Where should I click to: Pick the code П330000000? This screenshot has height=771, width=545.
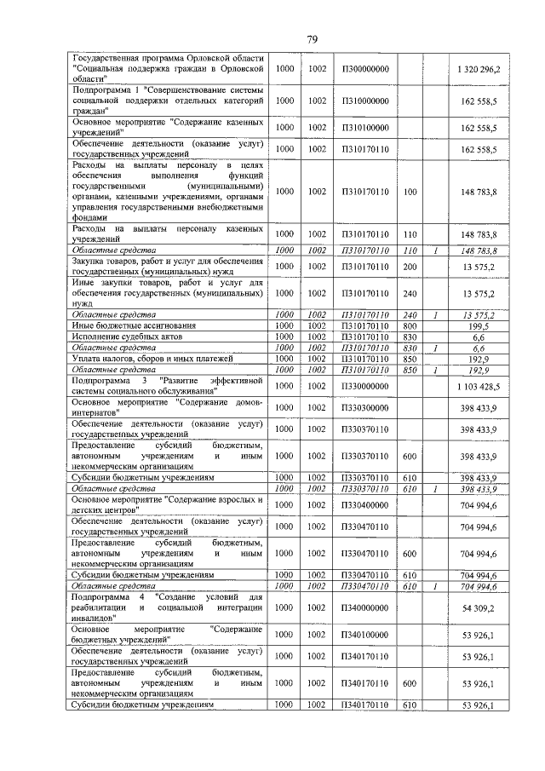coord(364,386)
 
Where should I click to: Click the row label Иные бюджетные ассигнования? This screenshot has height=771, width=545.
coord(123,325)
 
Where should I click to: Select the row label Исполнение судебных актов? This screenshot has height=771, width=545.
coord(119,337)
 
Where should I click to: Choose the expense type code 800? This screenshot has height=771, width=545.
coord(410,325)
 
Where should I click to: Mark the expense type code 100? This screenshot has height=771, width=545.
coord(410,192)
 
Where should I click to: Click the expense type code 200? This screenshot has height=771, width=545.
coord(410,265)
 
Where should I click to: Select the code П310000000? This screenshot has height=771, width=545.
coord(364,100)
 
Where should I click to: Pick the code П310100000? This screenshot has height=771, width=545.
coord(364,127)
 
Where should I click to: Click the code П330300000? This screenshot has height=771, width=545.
coord(364,407)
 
